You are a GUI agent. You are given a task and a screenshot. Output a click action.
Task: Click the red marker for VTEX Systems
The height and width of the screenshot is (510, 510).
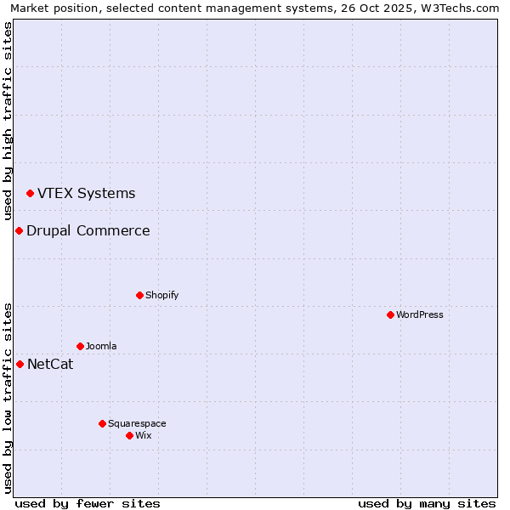tap(30, 194)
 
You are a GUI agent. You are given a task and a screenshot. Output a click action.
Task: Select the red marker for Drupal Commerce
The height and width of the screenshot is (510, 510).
tap(19, 231)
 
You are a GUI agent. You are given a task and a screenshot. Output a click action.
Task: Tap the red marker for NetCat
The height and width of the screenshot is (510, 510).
tap(20, 365)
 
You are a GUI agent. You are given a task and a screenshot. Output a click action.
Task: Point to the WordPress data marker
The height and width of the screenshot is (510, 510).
tap(390, 314)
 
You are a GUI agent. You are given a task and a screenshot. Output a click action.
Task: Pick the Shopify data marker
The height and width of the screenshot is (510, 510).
tap(139, 295)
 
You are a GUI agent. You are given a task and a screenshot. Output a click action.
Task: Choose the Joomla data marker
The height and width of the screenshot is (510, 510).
tap(80, 346)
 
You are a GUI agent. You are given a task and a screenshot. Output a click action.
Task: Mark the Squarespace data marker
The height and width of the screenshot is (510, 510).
tap(102, 423)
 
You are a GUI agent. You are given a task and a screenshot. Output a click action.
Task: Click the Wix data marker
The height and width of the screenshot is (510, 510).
tap(129, 435)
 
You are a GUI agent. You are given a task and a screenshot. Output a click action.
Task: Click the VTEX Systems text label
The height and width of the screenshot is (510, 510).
tap(86, 194)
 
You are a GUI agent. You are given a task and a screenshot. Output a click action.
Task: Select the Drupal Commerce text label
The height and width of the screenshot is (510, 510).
tap(88, 231)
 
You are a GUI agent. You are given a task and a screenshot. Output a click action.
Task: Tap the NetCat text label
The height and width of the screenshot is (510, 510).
tap(50, 365)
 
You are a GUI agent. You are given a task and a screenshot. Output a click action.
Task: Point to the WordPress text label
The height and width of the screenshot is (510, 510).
tap(420, 314)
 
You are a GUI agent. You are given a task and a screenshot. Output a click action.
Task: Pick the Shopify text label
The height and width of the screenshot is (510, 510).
tap(161, 295)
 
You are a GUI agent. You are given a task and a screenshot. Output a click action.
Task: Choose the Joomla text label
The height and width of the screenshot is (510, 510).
tap(101, 346)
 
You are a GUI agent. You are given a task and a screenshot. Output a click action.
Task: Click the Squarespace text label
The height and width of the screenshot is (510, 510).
tap(137, 423)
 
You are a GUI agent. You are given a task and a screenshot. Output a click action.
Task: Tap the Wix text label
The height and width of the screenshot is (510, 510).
tap(143, 435)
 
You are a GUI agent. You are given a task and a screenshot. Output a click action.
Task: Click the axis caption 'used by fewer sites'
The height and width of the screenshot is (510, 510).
tap(88, 503)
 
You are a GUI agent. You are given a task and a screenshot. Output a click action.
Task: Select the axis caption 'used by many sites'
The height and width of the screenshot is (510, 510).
tap(427, 503)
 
